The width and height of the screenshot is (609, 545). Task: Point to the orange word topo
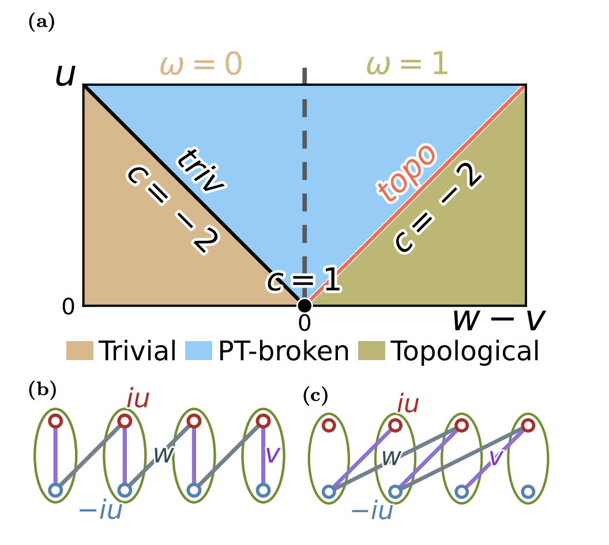pyautogui.click(x=407, y=173)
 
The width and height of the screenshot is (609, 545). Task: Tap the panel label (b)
pyautogui.click(x=42, y=390)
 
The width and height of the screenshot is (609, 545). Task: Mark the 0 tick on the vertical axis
pyautogui.click(x=69, y=308)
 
